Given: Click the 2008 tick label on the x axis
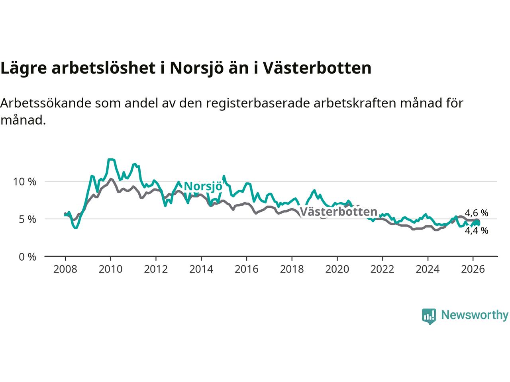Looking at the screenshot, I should pos(65,269).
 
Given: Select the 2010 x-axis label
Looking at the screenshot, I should pos(110,269).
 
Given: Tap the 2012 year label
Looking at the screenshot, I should pos(156,269).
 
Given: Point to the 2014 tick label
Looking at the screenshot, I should pos(201,269).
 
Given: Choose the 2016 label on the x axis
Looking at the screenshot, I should pos(246,269).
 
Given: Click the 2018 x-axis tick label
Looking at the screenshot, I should pos(292,269).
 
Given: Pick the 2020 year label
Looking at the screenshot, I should pos(337,269).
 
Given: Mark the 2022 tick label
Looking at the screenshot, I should pos(382,269).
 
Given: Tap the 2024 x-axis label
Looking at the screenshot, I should pos(428,269).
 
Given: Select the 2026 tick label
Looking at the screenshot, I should pos(473,269).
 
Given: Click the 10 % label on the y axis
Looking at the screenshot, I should pos(25,182).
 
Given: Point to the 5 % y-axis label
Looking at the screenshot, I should pos(27,219).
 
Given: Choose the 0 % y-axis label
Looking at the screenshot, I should pos(27,257).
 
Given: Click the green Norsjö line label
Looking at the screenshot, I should pos(203,186).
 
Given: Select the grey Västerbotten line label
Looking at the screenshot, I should pos(338,212).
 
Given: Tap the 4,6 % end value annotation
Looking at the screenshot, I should pos(476,213).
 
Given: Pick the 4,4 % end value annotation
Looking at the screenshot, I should pos(476,230).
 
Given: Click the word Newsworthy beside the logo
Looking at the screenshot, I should pos(475,315).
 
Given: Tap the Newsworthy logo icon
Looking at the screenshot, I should pos(429,316).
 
